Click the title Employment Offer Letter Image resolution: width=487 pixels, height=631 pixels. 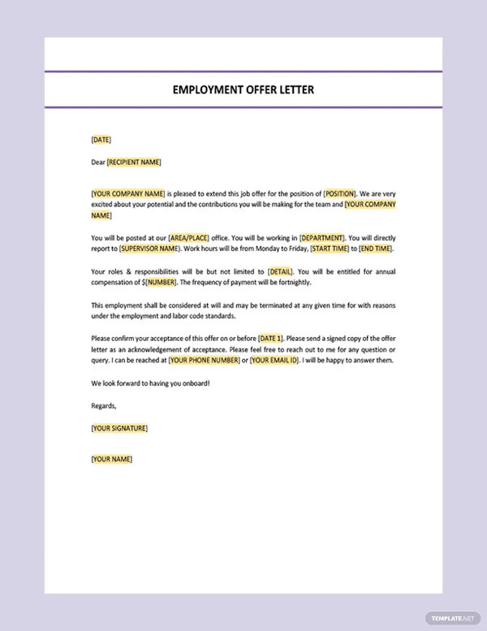click(x=243, y=89)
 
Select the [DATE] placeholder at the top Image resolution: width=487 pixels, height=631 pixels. click(x=101, y=140)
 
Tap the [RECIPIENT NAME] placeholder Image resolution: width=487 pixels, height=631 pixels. click(x=134, y=162)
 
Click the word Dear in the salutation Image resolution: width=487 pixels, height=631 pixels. click(x=98, y=162)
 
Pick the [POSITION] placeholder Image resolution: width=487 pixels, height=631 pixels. click(x=339, y=193)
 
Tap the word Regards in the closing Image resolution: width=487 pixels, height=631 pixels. click(x=104, y=405)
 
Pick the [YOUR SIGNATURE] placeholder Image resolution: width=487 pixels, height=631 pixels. click(x=119, y=428)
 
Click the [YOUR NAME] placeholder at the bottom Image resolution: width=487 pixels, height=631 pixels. click(x=111, y=459)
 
